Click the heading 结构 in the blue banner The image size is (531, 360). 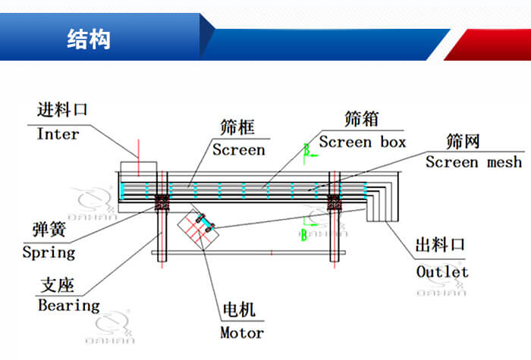point(89,39)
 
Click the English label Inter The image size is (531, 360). point(58,134)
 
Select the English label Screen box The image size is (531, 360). point(362,142)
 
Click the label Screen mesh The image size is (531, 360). point(473,162)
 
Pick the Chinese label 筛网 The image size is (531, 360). point(463,141)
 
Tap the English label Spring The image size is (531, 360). point(49,252)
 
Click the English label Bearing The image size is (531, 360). point(68,305)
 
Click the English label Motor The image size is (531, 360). point(242,332)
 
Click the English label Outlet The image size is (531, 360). point(442,271)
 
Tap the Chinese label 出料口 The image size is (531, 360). point(440,247)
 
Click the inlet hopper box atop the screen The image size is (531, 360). point(139,169)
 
